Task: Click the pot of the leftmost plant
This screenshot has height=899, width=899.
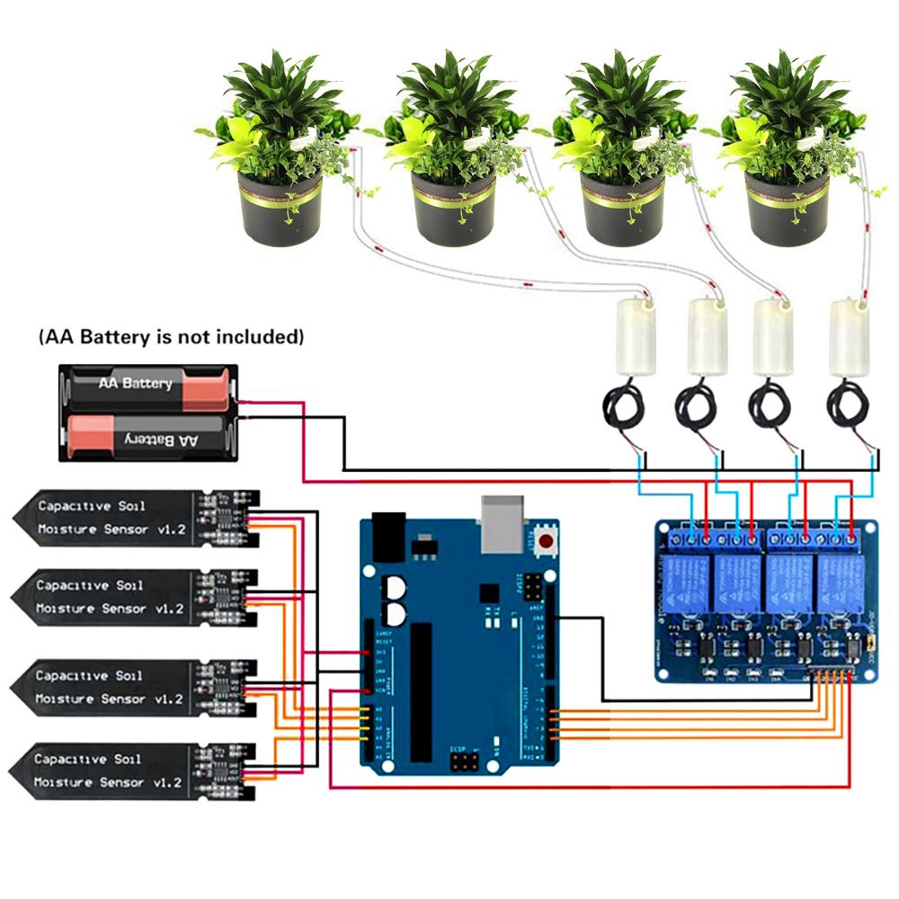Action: [x=280, y=208]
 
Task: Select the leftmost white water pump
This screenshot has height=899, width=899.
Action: [x=634, y=336]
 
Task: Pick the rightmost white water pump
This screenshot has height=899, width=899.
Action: [x=850, y=336]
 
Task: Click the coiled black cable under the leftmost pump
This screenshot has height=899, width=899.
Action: [x=623, y=409]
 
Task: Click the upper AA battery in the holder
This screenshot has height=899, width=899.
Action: [x=148, y=385]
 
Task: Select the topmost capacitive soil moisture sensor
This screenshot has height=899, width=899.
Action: [x=135, y=519]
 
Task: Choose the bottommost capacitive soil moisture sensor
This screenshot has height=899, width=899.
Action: [x=135, y=771]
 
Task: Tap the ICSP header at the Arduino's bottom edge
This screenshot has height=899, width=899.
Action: [x=464, y=763]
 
